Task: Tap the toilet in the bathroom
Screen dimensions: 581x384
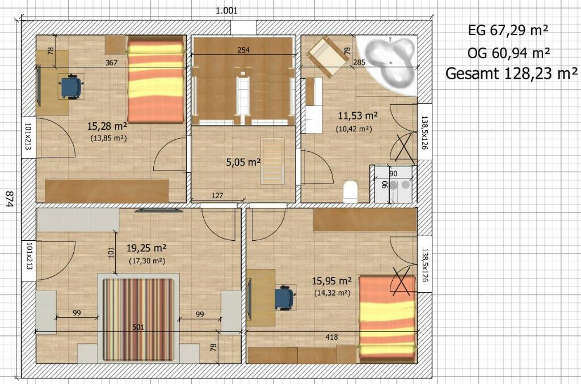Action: tap(350, 191)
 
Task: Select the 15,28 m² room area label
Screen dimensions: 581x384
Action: tap(107, 126)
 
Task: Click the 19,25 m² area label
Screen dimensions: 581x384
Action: tap(146, 248)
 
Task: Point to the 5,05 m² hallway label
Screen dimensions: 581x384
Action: tap(243, 162)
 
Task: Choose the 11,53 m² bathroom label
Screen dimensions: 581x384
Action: tap(357, 116)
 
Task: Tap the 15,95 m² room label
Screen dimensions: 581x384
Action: tap(331, 281)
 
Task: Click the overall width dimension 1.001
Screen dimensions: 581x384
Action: tap(226, 11)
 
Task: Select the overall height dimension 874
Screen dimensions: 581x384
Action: tap(9, 199)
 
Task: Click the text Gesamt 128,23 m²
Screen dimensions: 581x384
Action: tap(511, 74)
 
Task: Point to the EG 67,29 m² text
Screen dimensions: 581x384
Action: tap(508, 31)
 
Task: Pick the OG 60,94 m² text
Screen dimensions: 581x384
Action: tap(508, 53)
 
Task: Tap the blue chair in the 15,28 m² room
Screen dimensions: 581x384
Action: tap(70, 87)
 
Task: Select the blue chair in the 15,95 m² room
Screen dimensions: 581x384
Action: tap(285, 298)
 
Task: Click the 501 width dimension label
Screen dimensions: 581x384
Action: tap(138, 327)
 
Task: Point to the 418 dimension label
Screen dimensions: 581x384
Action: tap(331, 337)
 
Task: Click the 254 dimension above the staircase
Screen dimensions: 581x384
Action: tap(243, 50)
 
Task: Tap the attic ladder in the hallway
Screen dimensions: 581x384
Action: tap(273, 160)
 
